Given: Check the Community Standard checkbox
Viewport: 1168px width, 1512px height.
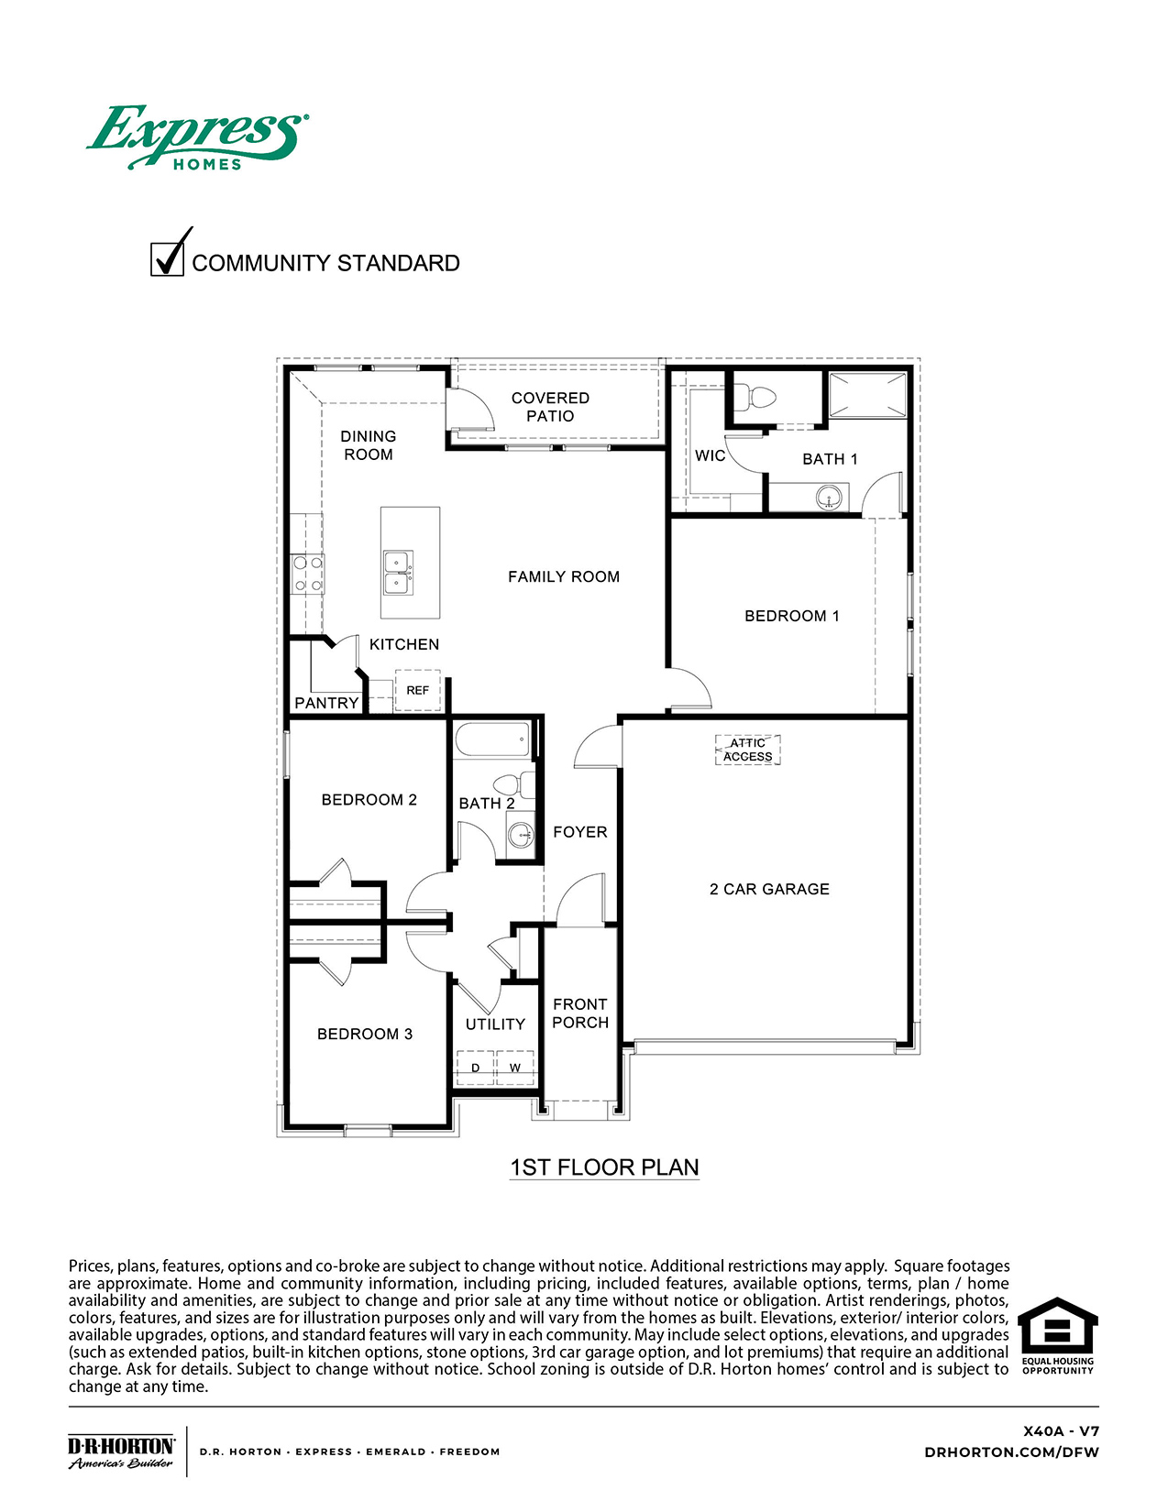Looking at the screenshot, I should [x=167, y=258].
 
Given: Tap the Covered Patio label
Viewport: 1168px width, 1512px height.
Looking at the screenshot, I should [x=550, y=407].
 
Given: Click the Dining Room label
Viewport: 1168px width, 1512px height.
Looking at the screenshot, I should [x=369, y=445].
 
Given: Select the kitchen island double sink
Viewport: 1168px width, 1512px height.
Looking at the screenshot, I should [x=398, y=573].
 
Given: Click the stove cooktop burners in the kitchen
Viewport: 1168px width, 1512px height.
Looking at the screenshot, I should [x=307, y=574].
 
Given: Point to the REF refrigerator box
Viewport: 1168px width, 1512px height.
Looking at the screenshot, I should [x=417, y=690].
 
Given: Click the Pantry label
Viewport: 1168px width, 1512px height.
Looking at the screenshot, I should [x=326, y=703].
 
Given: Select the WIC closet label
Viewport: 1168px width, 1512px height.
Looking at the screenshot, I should [x=710, y=455].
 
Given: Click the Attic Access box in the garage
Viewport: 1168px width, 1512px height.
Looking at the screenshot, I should [x=747, y=750].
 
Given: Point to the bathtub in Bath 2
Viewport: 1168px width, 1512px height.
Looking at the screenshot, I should [x=492, y=740].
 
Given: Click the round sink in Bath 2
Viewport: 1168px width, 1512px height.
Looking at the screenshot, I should [x=520, y=835].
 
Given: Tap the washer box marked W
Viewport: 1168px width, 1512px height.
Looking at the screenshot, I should [x=515, y=1068].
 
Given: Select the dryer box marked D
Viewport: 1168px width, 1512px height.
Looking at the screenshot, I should [x=475, y=1068].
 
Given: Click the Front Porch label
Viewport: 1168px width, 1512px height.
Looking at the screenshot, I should [x=580, y=1013].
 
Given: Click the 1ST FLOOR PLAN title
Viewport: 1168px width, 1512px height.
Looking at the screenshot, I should [x=604, y=1167].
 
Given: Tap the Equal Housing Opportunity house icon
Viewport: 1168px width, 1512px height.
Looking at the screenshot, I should [x=1057, y=1326].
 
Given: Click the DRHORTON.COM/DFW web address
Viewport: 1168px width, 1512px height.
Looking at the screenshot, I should [x=1011, y=1452].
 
